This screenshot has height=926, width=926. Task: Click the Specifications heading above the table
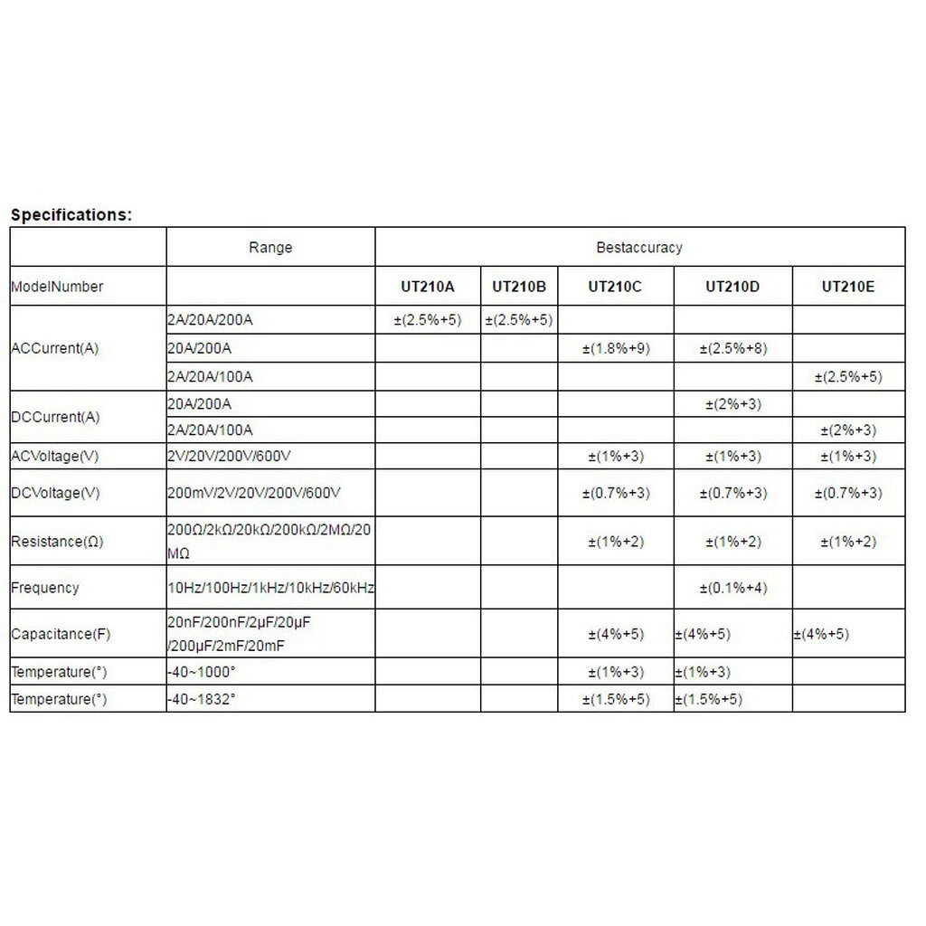click(x=71, y=215)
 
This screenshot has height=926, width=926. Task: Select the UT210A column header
click(x=428, y=287)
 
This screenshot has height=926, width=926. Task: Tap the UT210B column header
click(x=519, y=287)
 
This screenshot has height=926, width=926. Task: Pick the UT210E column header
click(x=849, y=287)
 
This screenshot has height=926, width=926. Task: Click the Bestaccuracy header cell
click(x=639, y=247)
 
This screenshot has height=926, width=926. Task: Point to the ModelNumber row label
click(x=57, y=287)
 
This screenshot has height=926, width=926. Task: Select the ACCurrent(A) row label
click(x=55, y=348)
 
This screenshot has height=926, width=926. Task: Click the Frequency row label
click(x=45, y=588)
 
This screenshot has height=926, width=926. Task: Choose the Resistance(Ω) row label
click(x=57, y=542)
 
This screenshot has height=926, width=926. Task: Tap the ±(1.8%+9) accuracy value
click(x=616, y=348)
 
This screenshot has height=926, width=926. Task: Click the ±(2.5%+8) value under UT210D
click(x=732, y=348)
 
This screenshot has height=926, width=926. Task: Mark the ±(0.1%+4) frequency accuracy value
click(x=732, y=588)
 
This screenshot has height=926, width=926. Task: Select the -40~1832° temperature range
click(x=202, y=699)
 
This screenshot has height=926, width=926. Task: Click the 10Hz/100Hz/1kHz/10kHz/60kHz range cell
click(x=270, y=588)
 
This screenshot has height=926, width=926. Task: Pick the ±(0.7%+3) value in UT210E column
click(x=848, y=493)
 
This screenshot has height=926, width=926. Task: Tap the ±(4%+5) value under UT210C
click(x=616, y=634)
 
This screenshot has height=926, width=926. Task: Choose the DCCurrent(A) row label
click(x=55, y=417)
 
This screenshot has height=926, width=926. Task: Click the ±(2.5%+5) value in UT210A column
click(x=428, y=320)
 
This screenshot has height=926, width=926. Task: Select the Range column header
click(x=270, y=247)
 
